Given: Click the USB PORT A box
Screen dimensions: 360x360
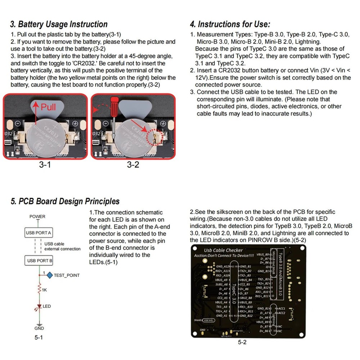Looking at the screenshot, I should tap(39, 233).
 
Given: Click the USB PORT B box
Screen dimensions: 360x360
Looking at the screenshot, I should tap(39, 260).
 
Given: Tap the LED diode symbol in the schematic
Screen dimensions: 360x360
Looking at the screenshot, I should tap(39, 307).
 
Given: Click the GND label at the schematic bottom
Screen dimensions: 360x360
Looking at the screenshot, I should tap(39, 328).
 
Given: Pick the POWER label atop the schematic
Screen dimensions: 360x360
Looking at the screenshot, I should tap(37, 216).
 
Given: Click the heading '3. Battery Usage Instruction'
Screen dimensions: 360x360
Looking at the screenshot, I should tap(59, 24).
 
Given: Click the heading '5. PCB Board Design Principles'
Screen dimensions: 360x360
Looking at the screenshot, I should tap(65, 201).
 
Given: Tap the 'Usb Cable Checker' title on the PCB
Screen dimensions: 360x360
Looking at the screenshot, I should tap(223, 250).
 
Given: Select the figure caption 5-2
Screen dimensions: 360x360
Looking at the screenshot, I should tap(242, 342).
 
